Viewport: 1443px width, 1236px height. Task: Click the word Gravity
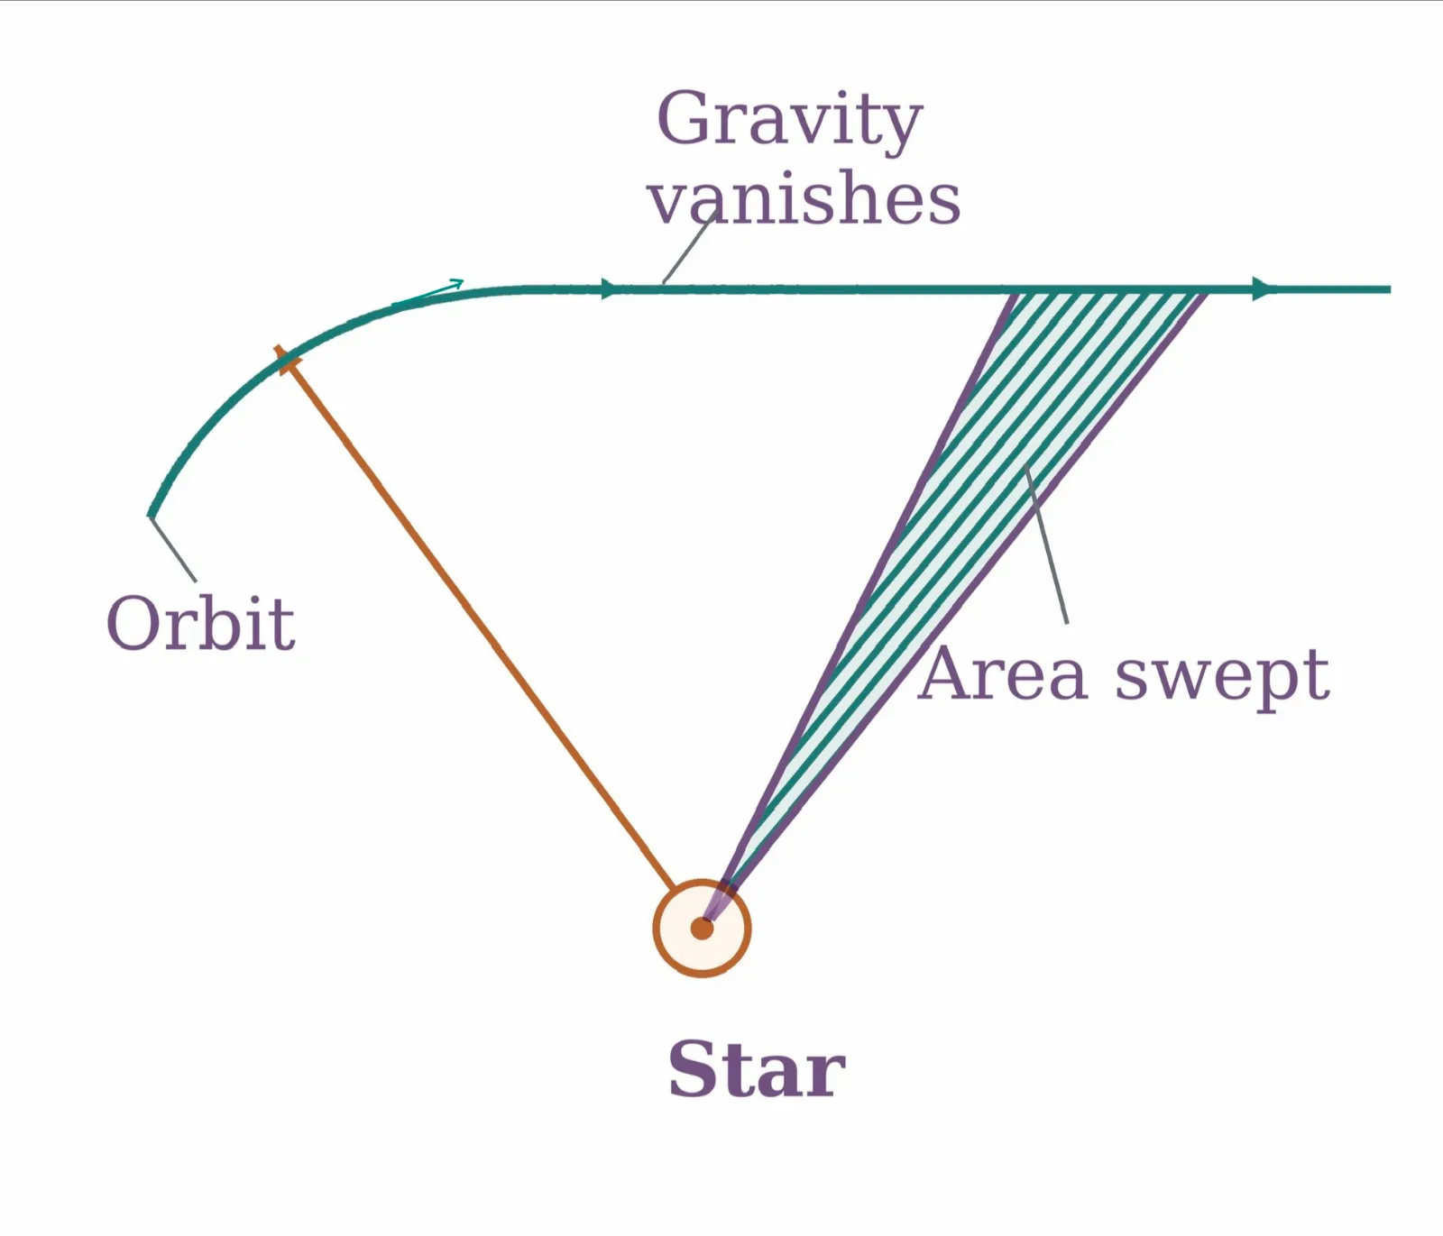point(790,120)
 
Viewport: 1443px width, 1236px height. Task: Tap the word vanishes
point(804,198)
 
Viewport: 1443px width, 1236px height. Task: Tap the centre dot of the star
point(702,928)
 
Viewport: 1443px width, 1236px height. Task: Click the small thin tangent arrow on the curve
point(428,293)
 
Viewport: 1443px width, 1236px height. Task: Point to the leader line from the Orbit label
point(173,549)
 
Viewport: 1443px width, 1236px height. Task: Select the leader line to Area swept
point(1046,545)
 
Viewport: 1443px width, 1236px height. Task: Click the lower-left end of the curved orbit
point(151,515)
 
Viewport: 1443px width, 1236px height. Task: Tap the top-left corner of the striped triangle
point(1017,291)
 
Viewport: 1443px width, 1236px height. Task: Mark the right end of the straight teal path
point(1390,289)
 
